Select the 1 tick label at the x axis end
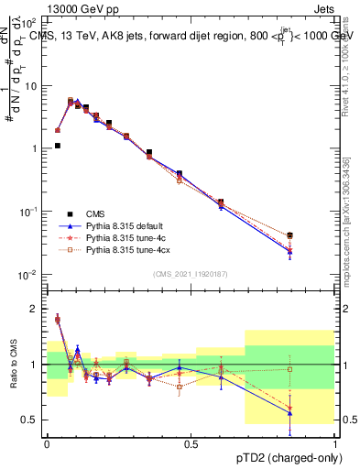click(335, 442)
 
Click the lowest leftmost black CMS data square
click(57, 146)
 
